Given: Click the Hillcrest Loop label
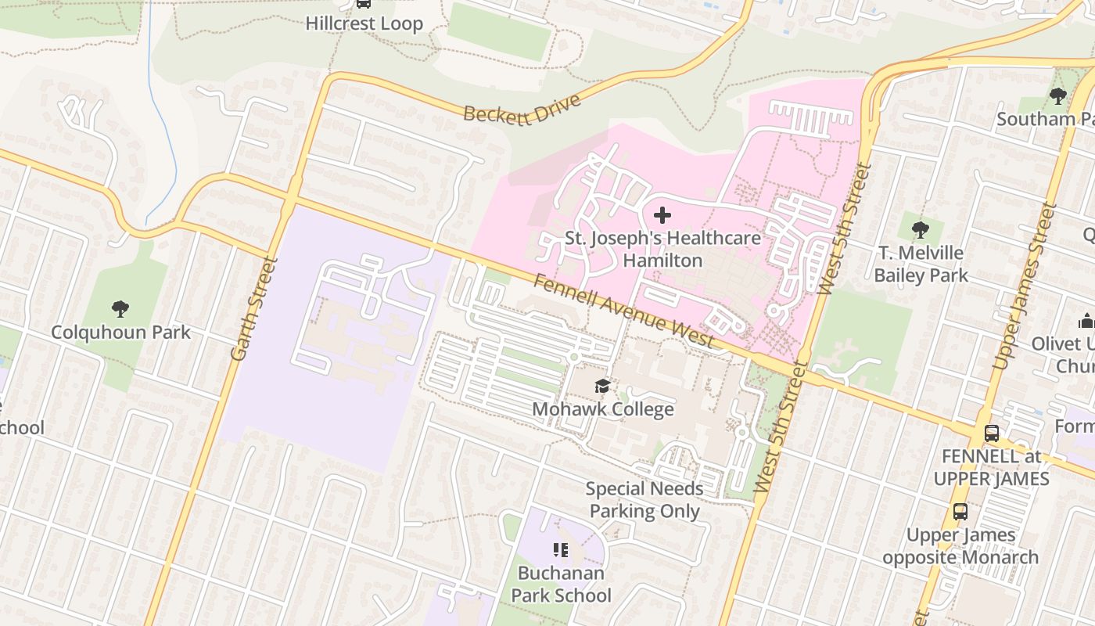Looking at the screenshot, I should coord(364,23).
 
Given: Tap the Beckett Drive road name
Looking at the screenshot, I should coord(522,108).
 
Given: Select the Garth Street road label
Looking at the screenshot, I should coord(254,308).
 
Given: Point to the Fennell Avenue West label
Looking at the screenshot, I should coord(623,310).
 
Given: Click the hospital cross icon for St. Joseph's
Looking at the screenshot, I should coord(662,215).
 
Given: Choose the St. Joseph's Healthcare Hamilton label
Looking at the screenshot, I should coord(662,249).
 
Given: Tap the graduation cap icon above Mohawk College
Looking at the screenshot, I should coord(602,386).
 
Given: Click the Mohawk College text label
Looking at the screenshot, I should coord(602,409).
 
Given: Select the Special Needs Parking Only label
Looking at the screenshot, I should coord(644,500).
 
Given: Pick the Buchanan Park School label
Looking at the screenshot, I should coord(561,584).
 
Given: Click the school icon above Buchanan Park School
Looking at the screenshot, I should coord(561,550).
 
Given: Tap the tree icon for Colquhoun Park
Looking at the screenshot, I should coord(120,308).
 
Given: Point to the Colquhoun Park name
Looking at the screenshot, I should coord(120,333).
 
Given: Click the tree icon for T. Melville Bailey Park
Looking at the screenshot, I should coord(921,230).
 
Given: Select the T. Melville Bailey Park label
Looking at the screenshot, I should coord(921,264).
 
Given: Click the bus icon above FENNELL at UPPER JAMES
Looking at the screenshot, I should coord(991,433).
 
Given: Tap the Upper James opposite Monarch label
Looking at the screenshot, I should coord(960,546).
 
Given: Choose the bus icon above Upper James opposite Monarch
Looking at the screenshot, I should coord(960,512).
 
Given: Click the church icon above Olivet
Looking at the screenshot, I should coord(1086,321).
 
